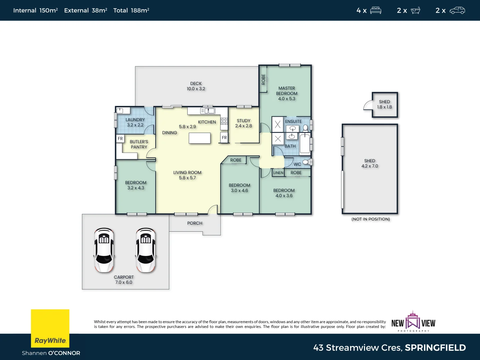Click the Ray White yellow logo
click(x=50, y=328)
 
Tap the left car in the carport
click(x=104, y=250)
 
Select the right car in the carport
click(x=146, y=250)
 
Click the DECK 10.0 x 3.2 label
click(x=196, y=86)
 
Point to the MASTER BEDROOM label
click(x=287, y=93)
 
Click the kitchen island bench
click(x=199, y=138)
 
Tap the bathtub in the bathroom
click(x=305, y=143)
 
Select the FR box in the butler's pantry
click(x=120, y=139)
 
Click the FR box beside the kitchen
click(x=224, y=138)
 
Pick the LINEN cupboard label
click(x=278, y=173)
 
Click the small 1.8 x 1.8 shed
click(x=385, y=105)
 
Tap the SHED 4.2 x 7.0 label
click(x=370, y=163)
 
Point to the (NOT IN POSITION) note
click(x=371, y=219)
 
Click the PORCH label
click(x=195, y=223)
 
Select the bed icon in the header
click(x=376, y=10)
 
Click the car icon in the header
click(x=457, y=10)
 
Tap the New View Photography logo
click(x=413, y=322)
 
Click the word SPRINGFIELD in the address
click(x=435, y=348)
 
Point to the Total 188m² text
click(x=131, y=10)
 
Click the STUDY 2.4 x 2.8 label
click(x=244, y=123)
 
